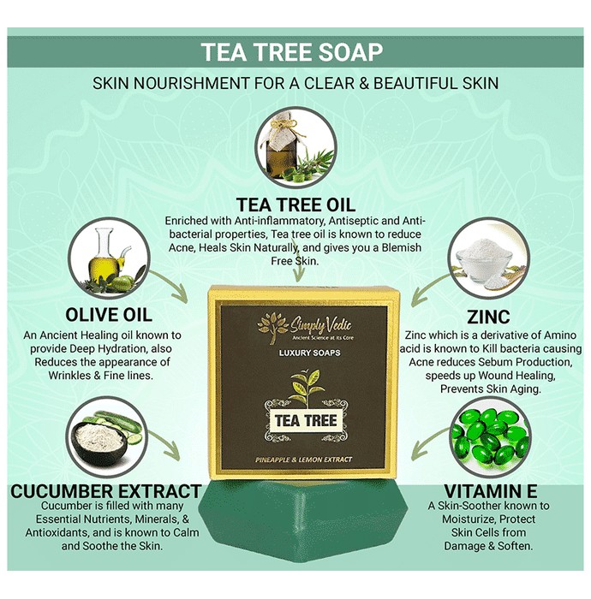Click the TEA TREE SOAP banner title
pyautogui.click(x=292, y=52)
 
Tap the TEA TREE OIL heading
pyautogui.click(x=295, y=205)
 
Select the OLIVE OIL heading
pyautogui.click(x=109, y=315)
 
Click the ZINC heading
pyautogui.click(x=488, y=317)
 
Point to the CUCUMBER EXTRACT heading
pyautogui.click(x=106, y=491)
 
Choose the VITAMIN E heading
pyautogui.click(x=491, y=491)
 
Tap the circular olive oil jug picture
pyautogui.click(x=109, y=258)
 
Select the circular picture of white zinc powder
pyautogui.click(x=489, y=258)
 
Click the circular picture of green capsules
pyautogui.click(x=491, y=437)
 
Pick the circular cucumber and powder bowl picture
pyautogui.click(x=107, y=437)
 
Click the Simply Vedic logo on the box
pyautogui.click(x=305, y=328)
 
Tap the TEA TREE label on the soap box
pyautogui.click(x=306, y=421)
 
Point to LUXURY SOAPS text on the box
pyautogui.click(x=309, y=353)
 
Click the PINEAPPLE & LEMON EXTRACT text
pyautogui.click(x=303, y=460)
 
